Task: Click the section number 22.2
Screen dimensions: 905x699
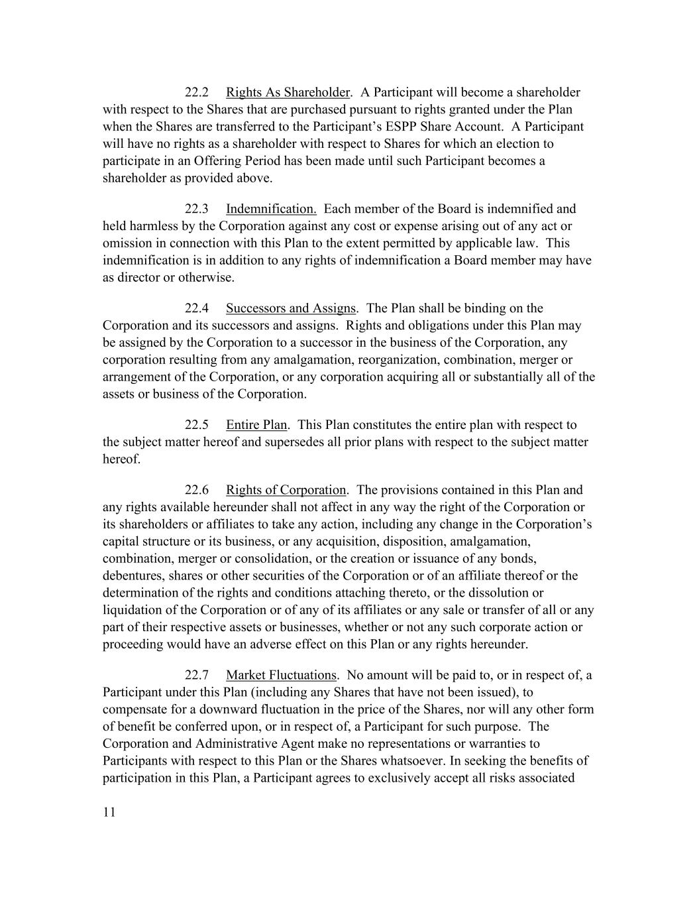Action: click(x=196, y=92)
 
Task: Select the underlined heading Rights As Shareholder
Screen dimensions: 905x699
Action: click(x=287, y=92)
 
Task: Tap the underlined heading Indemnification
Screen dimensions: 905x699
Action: click(x=271, y=209)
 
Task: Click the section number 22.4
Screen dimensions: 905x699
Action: click(x=196, y=308)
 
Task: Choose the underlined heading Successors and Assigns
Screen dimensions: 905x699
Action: click(x=291, y=308)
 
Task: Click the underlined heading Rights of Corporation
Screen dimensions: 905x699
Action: click(x=286, y=490)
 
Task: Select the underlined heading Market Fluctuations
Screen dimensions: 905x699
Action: click(x=281, y=676)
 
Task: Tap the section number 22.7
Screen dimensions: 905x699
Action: click(x=196, y=676)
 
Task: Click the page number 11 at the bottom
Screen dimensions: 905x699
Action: click(x=109, y=813)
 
